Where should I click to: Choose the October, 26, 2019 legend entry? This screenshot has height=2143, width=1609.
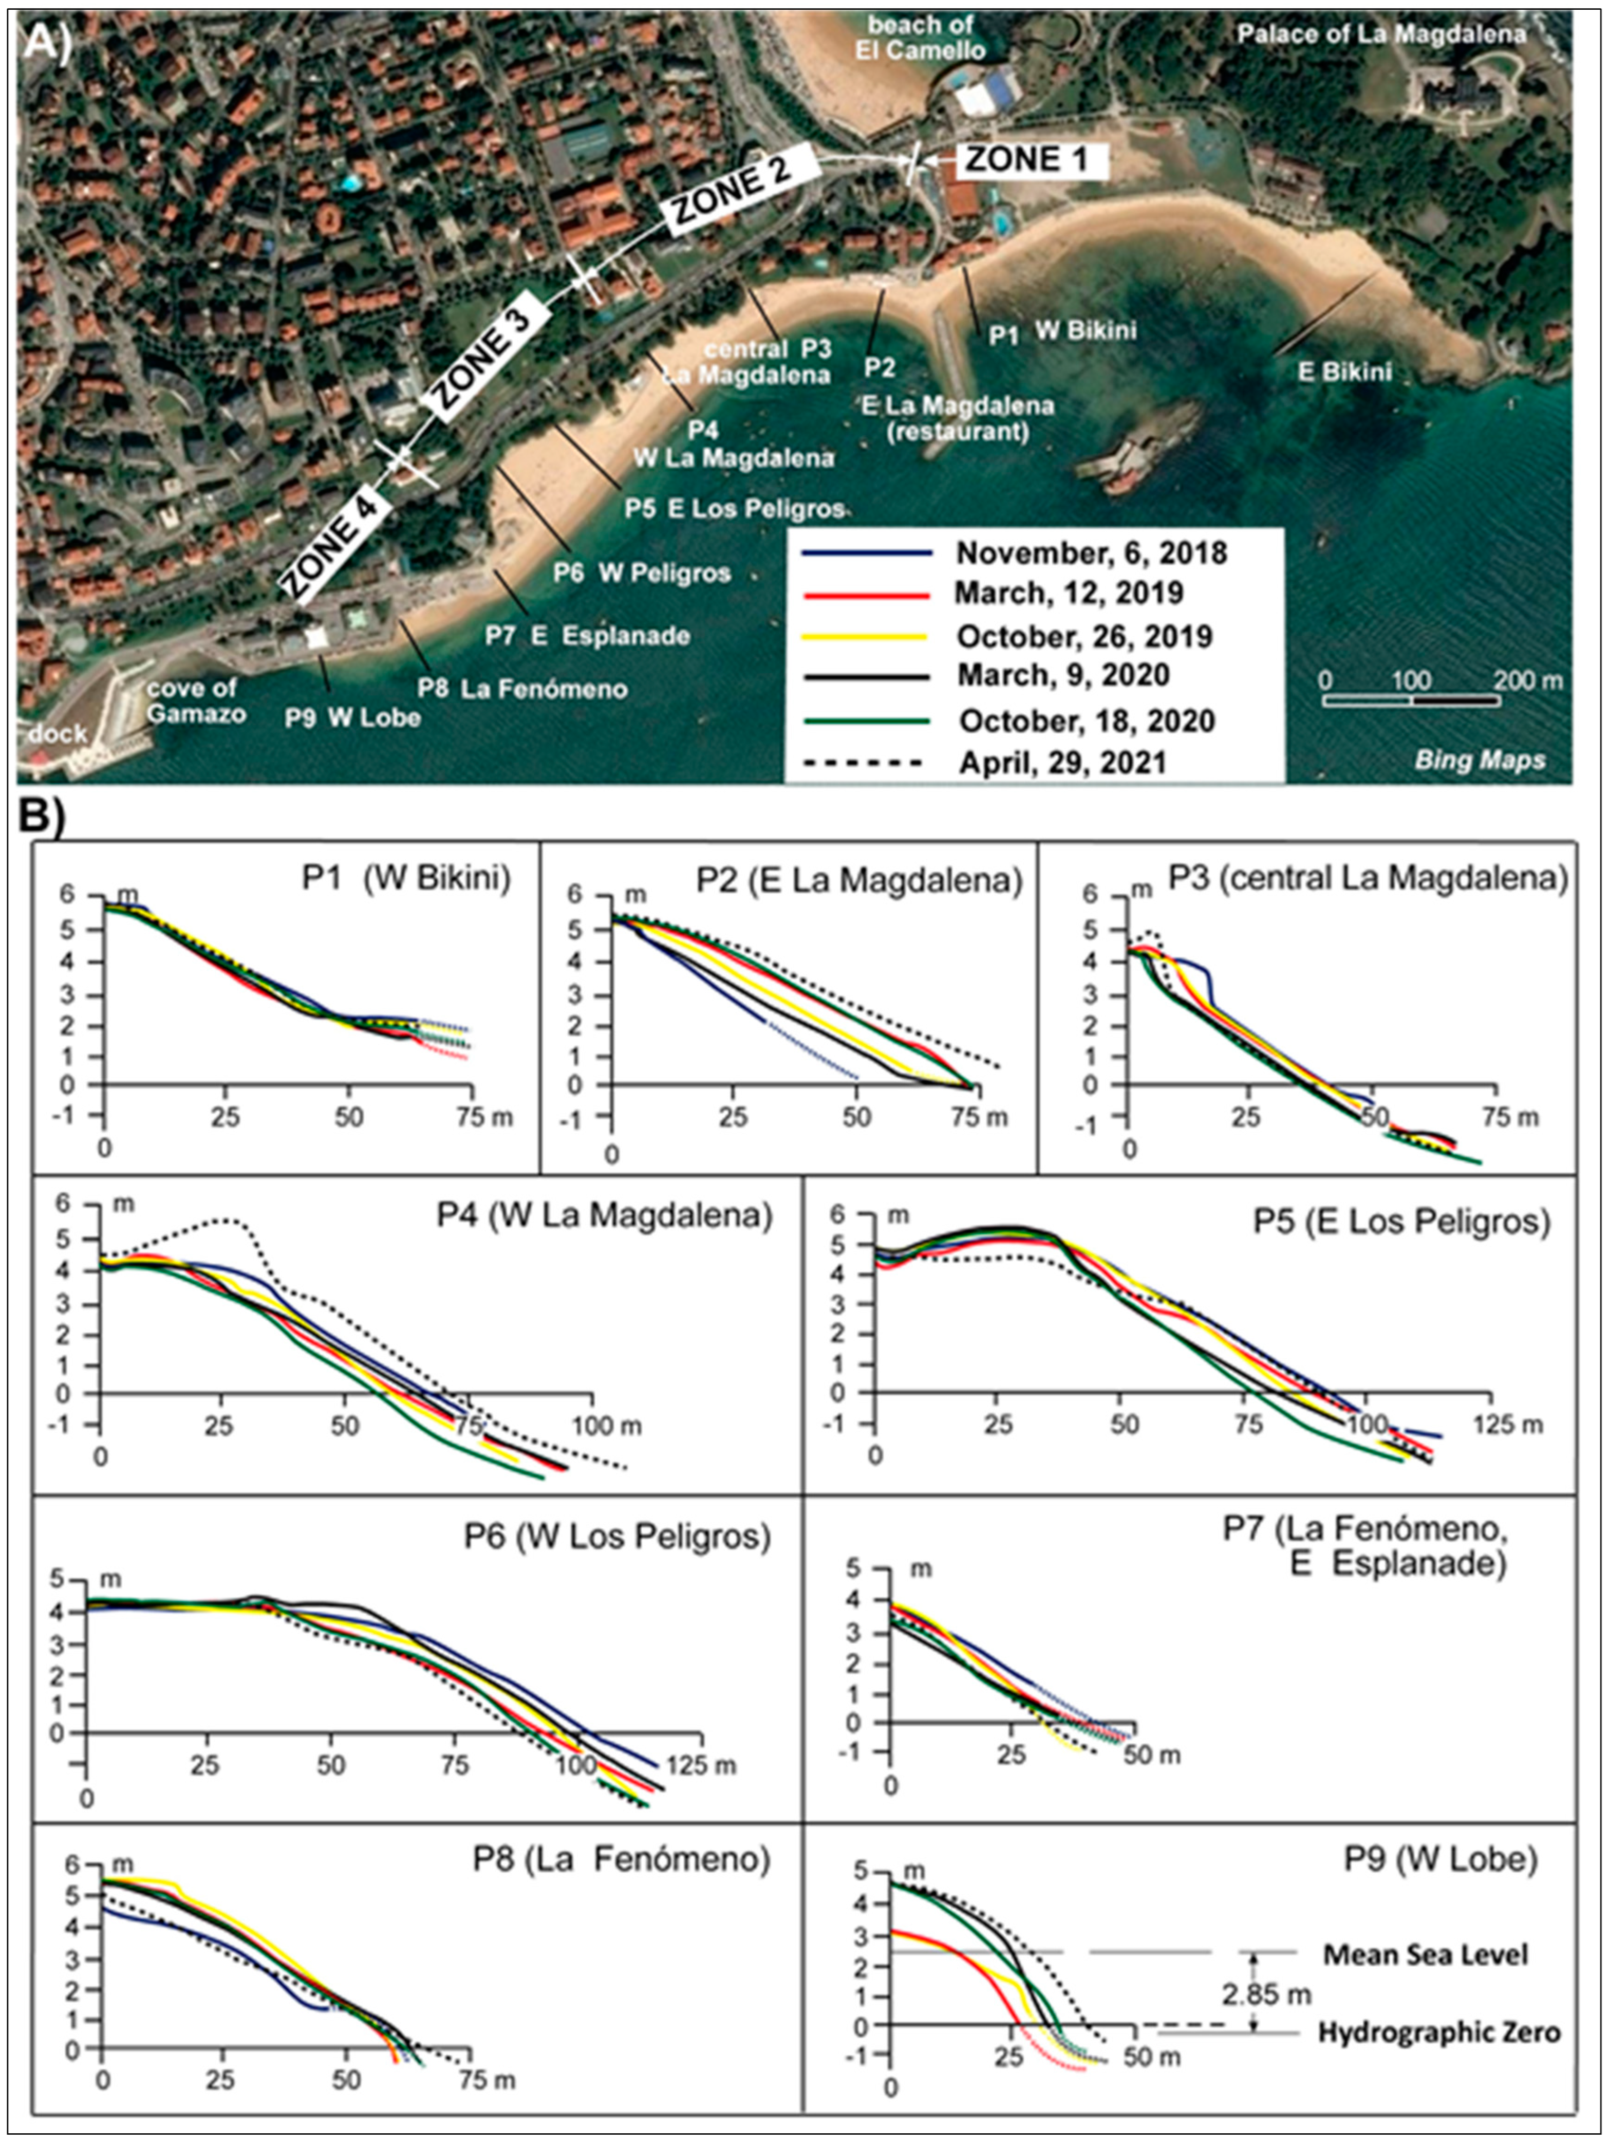(1084, 637)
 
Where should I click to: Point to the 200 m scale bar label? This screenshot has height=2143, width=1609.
(1528, 681)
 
